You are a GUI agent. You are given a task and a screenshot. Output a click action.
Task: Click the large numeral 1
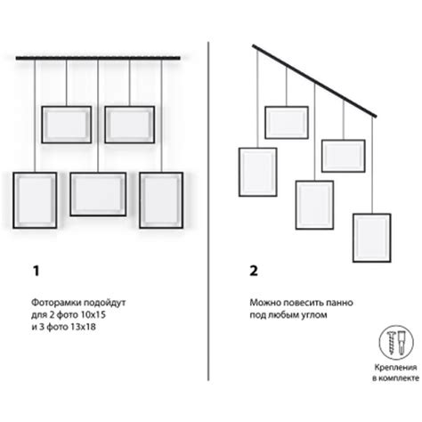pyautogui.click(x=37, y=271)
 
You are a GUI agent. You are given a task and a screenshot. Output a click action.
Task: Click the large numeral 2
pyautogui.click(x=254, y=271)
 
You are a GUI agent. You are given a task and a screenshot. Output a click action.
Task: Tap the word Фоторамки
pyautogui.click(x=56, y=303)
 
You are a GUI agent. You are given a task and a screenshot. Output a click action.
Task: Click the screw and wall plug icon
pyautogui.click(x=396, y=342)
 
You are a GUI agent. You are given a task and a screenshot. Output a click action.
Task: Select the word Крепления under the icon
pyautogui.click(x=395, y=368)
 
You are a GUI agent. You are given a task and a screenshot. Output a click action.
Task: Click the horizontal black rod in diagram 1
pyautogui.click(x=98, y=58)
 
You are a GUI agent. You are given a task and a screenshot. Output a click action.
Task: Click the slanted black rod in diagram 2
pyautogui.click(x=314, y=81)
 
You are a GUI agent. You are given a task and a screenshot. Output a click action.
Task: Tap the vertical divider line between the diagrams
pyautogui.click(x=208, y=211)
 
